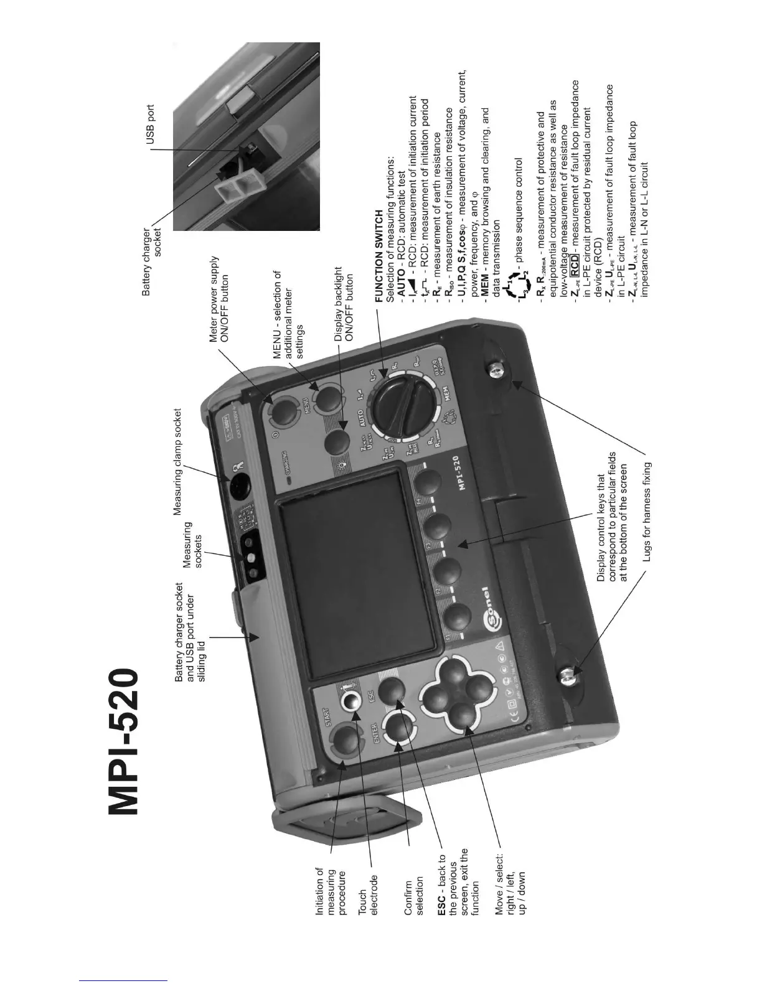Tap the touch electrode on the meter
point(350,702)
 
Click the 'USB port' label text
point(151,125)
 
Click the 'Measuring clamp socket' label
point(177,462)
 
